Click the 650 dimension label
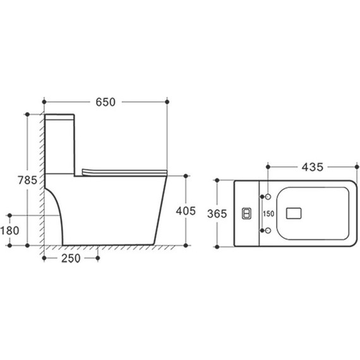click(105, 102)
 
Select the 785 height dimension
click(27, 180)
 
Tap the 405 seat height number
click(186, 211)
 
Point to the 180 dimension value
click(9, 231)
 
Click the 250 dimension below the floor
click(71, 258)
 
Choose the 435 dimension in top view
click(312, 167)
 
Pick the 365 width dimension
click(217, 213)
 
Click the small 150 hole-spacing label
click(268, 213)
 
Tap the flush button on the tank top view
click(246, 213)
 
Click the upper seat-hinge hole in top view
click(268, 197)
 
